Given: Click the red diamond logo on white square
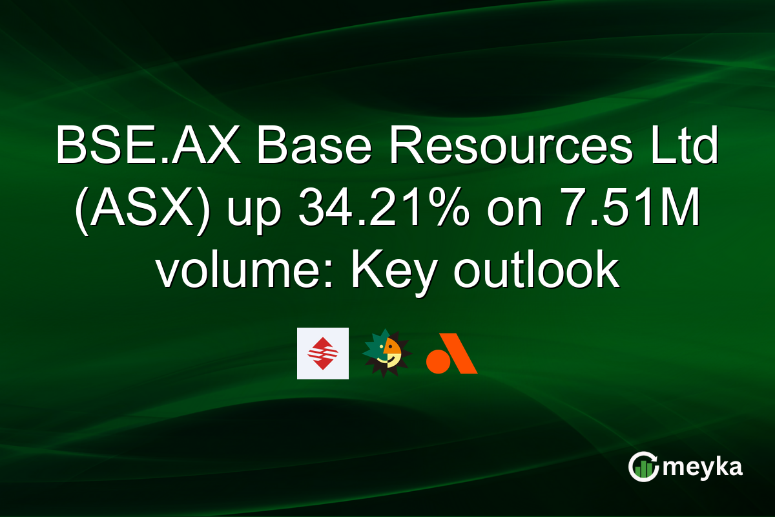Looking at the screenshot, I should pos(322,353).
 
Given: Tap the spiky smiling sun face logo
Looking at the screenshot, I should pos(387,353).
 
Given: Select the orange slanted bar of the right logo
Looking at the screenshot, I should pos(462,353).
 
